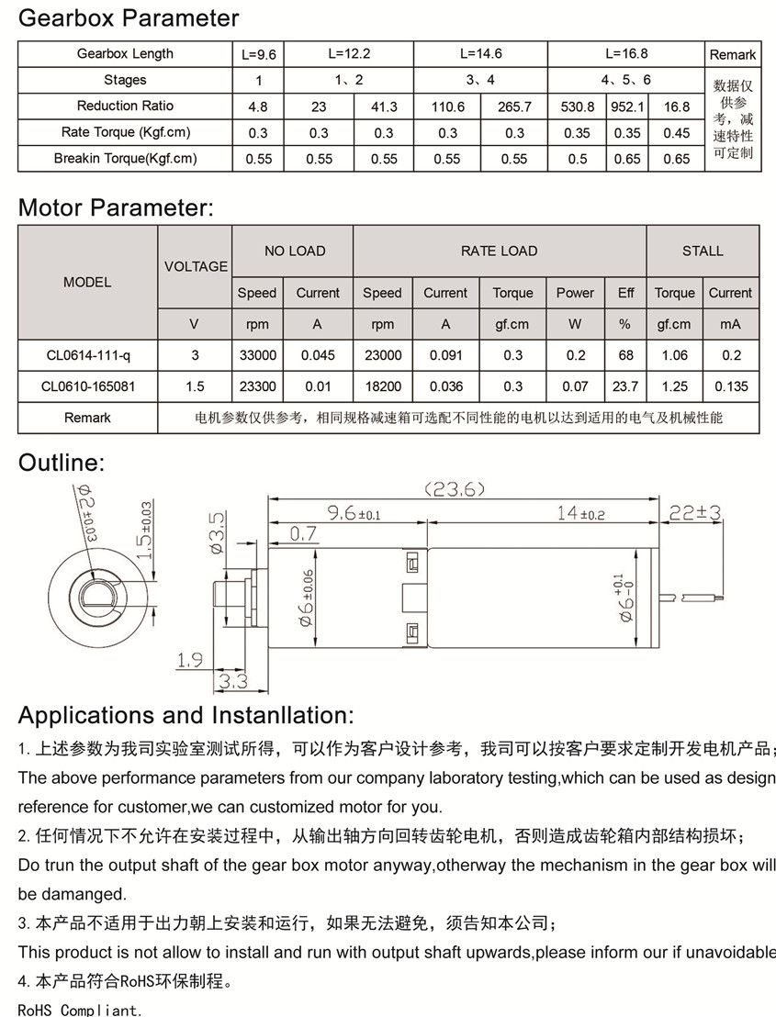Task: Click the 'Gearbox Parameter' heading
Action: tap(129, 17)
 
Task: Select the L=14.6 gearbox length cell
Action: tap(480, 54)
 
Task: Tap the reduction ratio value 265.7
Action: tap(514, 106)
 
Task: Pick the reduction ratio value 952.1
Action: tap(627, 106)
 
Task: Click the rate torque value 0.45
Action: tap(676, 133)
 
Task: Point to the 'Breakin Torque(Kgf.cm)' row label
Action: tap(125, 159)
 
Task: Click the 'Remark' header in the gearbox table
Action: tap(732, 55)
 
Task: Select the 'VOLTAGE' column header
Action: tap(196, 266)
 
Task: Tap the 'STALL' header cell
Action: tap(703, 251)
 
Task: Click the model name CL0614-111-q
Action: tap(88, 355)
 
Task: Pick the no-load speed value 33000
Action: tap(257, 355)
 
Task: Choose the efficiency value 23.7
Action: tap(625, 386)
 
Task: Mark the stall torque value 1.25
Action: tap(674, 386)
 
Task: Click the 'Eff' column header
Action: tap(625, 293)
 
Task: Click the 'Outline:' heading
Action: tap(62, 463)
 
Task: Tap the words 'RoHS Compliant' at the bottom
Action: tap(80, 1011)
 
